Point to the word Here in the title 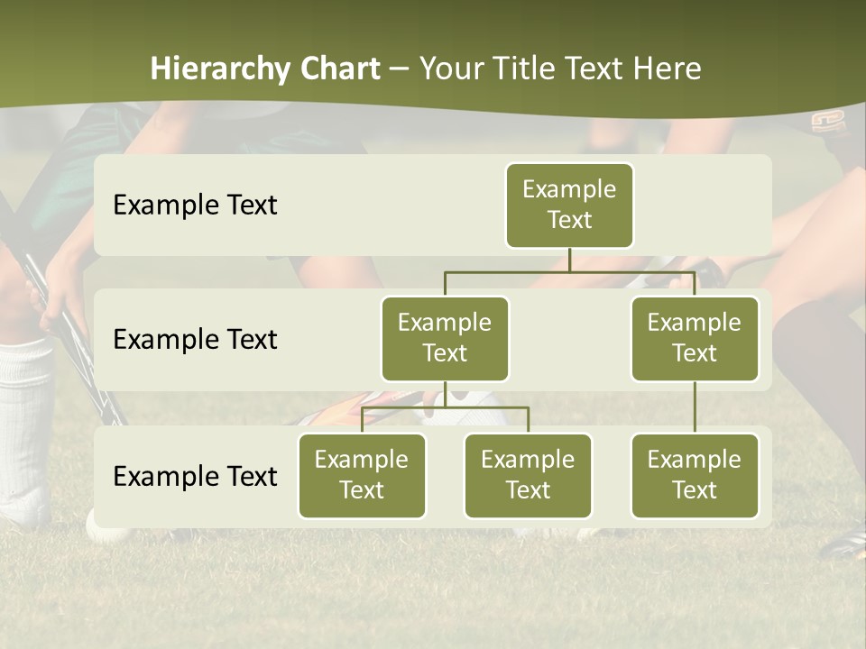[x=668, y=69]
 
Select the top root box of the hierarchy [x=569, y=205]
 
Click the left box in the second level [x=445, y=338]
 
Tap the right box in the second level [x=695, y=338]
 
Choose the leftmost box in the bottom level [x=362, y=475]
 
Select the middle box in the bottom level [x=528, y=475]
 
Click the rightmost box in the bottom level [x=695, y=475]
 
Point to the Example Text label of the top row [x=195, y=206]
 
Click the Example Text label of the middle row [x=195, y=340]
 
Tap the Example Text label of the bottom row [x=195, y=476]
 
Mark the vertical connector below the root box [x=569, y=260]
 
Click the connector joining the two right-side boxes [x=695, y=407]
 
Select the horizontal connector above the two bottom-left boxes [x=445, y=407]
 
